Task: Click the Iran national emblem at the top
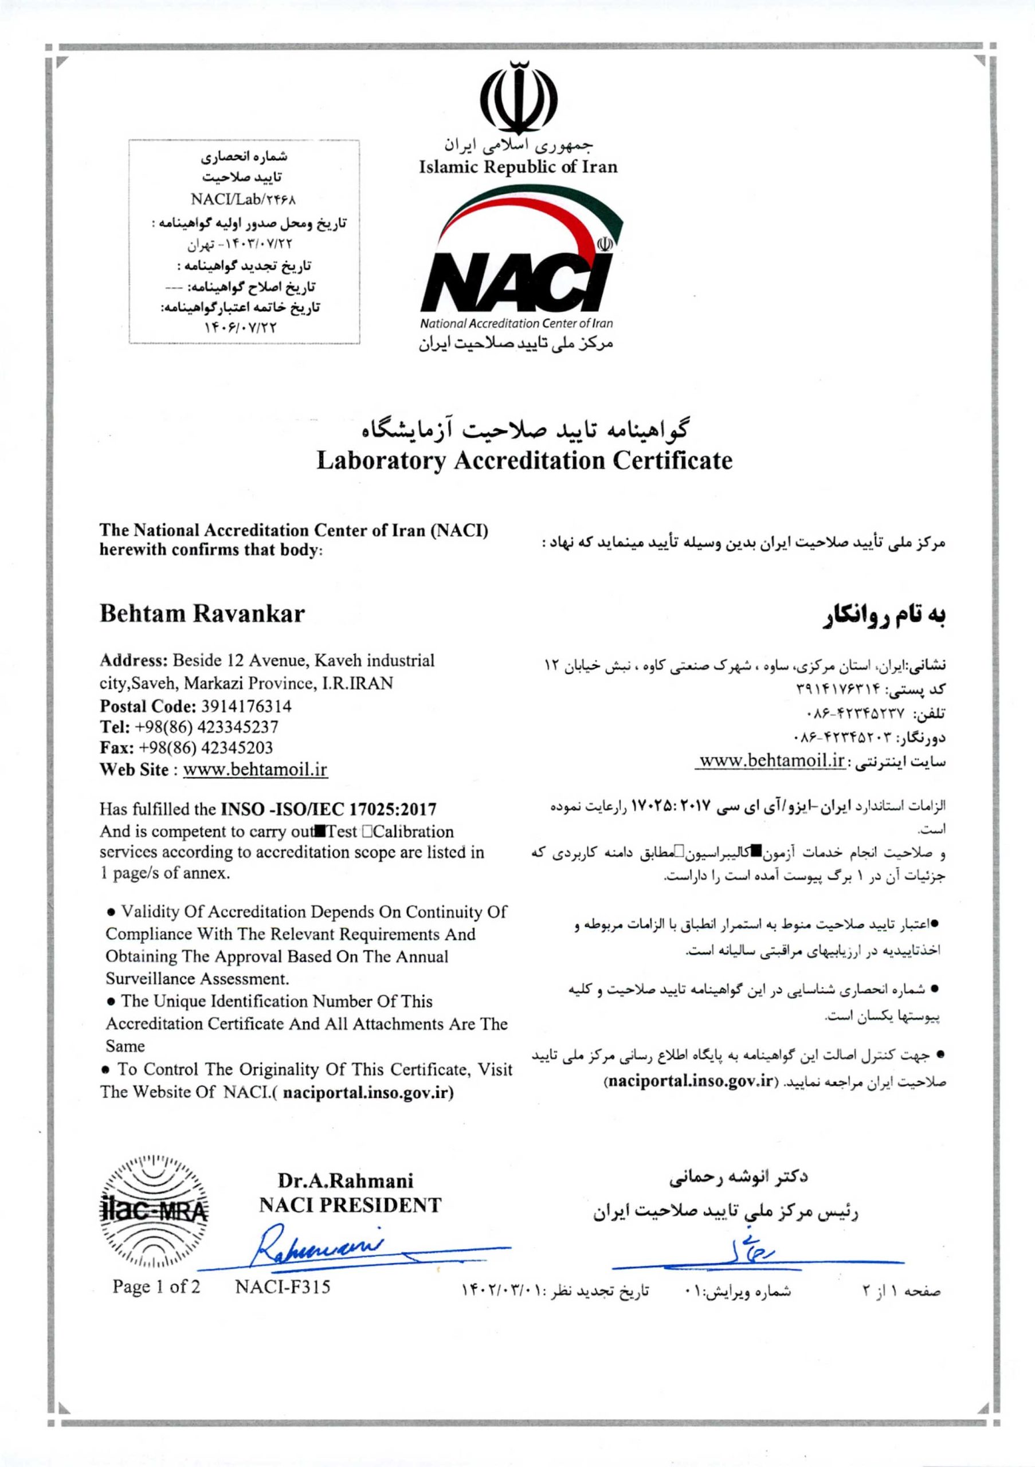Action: coord(517,95)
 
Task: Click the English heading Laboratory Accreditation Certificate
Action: coord(524,460)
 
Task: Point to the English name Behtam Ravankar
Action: coord(202,613)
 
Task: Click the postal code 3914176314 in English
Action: coord(246,706)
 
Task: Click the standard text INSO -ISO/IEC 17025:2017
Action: coord(328,810)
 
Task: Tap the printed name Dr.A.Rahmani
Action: coord(345,1180)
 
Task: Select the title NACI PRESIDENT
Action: coord(350,1205)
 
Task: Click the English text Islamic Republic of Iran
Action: coord(517,167)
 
